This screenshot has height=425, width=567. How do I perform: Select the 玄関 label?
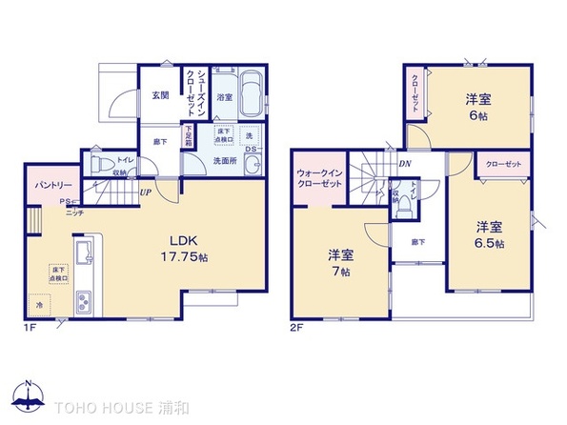158,92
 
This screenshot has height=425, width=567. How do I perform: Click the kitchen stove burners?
80,303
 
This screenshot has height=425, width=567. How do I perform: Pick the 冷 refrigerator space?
40,307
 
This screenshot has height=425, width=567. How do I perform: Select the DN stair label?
404,164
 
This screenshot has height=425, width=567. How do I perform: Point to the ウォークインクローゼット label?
317,177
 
